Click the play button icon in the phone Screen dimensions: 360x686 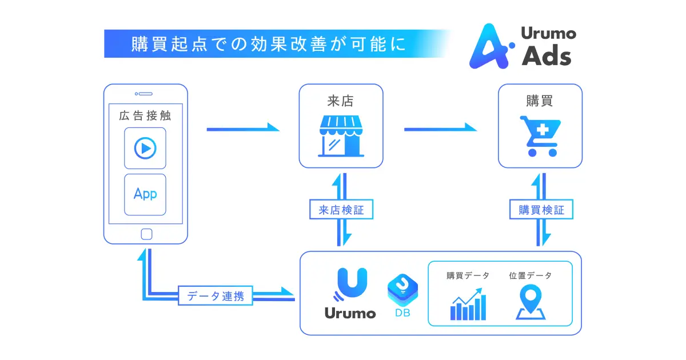145,148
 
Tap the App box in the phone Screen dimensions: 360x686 145,194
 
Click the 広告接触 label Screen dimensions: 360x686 145,116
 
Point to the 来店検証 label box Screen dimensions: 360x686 341,210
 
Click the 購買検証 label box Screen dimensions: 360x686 541,210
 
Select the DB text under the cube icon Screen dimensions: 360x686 402,313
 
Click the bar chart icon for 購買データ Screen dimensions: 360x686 468,305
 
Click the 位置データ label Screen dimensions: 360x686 531,276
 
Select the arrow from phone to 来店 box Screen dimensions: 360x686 242,129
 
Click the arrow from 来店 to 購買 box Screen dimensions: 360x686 440,129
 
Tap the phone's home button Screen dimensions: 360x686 146,234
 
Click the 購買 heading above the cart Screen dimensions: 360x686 539,101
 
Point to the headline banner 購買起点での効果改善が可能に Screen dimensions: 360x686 269,44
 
